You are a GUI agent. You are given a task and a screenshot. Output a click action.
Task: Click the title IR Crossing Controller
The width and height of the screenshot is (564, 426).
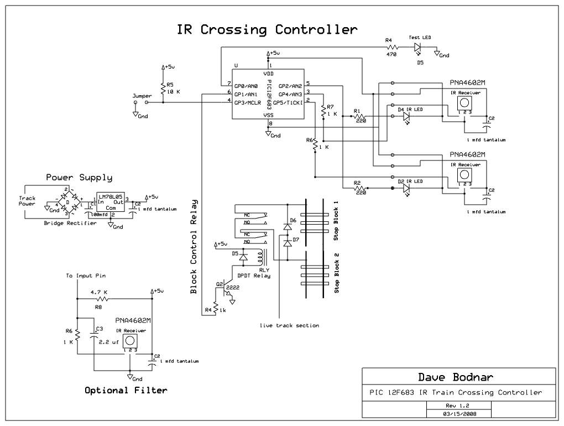tap(267, 29)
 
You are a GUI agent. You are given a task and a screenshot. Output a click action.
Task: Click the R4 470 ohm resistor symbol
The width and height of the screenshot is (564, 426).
tap(391, 48)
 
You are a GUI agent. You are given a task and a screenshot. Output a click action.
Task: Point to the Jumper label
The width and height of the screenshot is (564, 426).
tap(142, 96)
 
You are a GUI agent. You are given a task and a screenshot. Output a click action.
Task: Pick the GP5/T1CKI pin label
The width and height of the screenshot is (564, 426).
tap(290, 102)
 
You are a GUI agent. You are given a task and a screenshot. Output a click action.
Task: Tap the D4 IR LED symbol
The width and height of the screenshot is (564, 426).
tap(406, 117)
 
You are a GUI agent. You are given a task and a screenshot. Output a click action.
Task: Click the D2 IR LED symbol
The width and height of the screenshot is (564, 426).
tap(406, 188)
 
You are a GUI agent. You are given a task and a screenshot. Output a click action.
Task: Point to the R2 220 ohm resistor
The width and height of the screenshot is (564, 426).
tap(362, 188)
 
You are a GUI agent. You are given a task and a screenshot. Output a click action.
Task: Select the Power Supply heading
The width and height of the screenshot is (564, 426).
tap(79, 178)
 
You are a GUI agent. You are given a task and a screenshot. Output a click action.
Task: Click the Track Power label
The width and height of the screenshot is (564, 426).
tap(27, 201)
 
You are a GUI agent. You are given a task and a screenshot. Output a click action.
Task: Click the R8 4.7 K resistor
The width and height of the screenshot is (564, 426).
tap(99, 298)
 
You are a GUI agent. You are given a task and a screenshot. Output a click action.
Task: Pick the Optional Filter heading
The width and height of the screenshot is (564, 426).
tap(126, 390)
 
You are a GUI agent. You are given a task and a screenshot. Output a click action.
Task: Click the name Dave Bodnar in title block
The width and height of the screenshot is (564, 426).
tap(455, 377)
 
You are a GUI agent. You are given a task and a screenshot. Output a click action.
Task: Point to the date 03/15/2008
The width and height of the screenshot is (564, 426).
tap(459, 413)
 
